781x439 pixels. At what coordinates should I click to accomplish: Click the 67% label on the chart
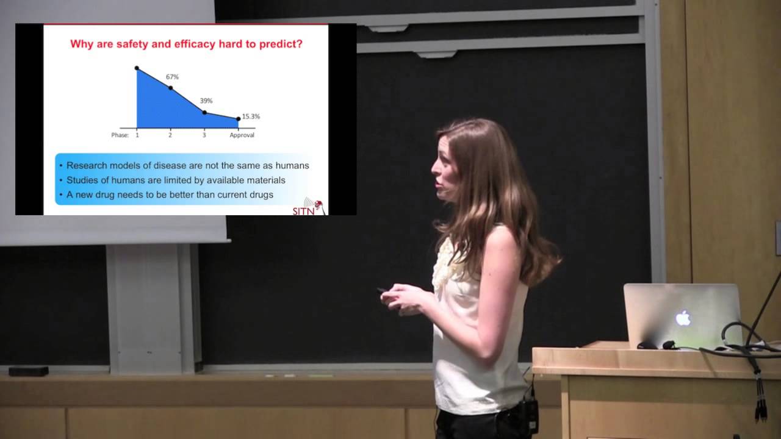click(172, 77)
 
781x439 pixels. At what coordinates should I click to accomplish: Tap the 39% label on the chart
click(206, 101)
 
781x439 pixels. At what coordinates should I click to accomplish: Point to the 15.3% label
click(251, 116)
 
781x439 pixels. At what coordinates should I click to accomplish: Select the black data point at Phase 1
click(137, 68)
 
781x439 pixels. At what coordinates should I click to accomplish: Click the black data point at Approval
click(238, 119)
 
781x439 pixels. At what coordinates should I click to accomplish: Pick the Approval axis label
click(242, 135)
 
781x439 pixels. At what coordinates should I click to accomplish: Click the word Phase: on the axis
click(120, 135)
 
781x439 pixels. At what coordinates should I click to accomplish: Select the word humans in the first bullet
click(290, 165)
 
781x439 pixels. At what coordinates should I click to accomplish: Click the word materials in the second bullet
click(264, 180)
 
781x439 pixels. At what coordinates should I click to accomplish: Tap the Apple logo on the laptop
click(683, 318)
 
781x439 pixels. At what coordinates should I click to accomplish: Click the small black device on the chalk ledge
click(29, 371)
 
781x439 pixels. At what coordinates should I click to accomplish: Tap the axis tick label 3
click(204, 135)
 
